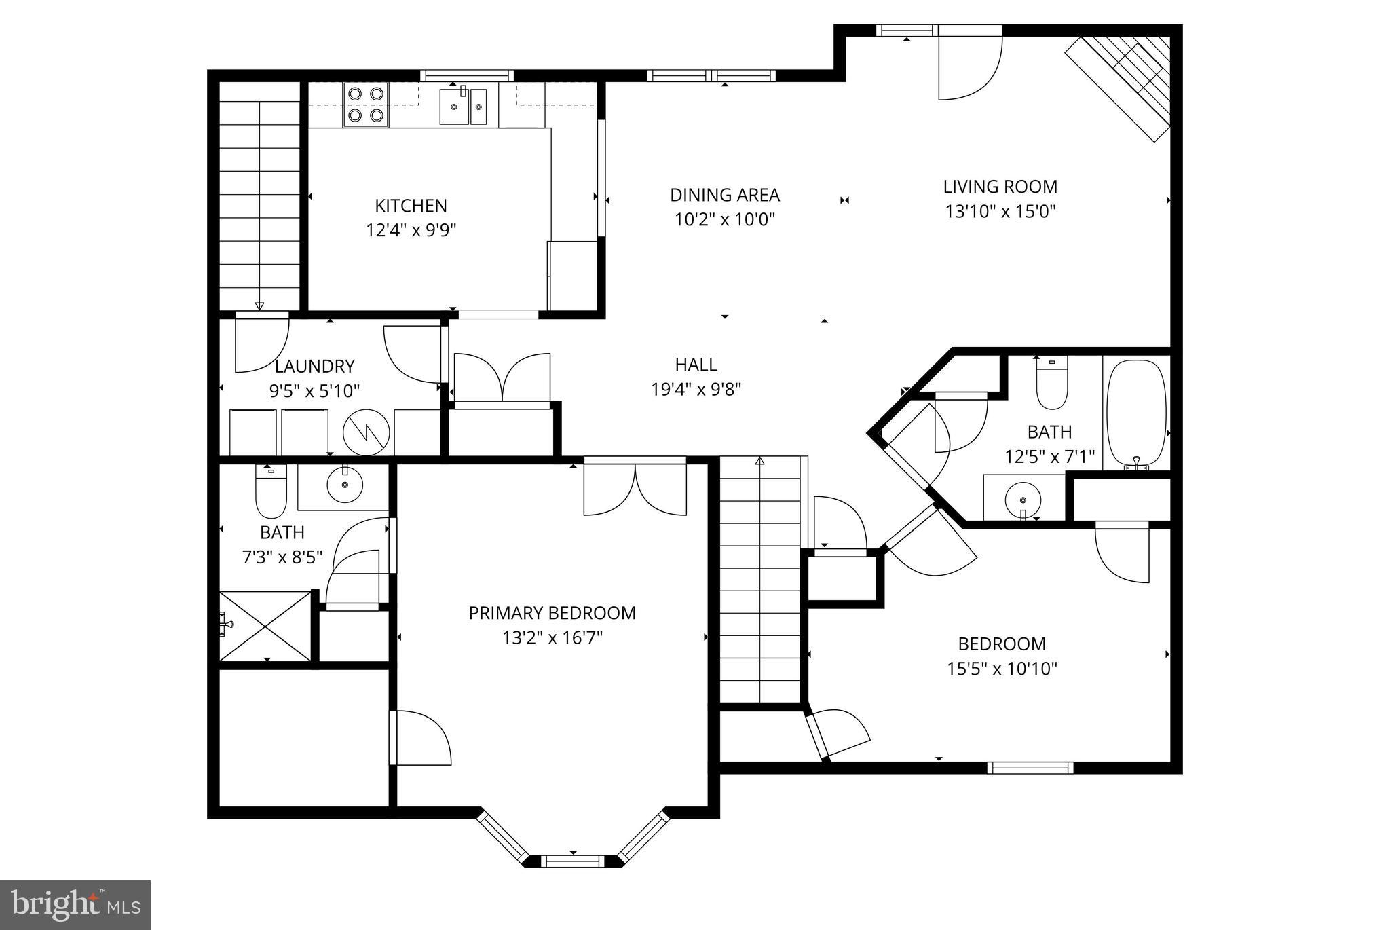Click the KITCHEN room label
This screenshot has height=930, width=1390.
click(x=411, y=205)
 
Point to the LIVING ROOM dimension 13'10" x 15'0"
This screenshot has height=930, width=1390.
click(x=1000, y=211)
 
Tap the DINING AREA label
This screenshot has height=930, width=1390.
click(x=724, y=195)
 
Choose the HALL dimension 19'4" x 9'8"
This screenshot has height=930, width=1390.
click(x=696, y=390)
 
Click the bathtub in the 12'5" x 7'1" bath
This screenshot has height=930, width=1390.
click(x=1135, y=411)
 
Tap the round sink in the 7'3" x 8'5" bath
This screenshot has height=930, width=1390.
click(x=345, y=485)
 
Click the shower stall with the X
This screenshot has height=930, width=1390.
click(x=265, y=625)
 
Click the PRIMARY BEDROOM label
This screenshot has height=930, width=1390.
click(x=552, y=613)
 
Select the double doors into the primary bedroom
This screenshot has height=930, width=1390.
click(x=635, y=487)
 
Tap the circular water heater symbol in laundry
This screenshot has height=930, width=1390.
click(x=367, y=432)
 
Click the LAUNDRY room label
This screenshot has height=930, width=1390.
click(x=314, y=367)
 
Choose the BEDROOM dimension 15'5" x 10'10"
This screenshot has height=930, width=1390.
click(x=1002, y=669)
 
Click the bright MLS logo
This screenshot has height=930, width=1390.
click(x=75, y=905)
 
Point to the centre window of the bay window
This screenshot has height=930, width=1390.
click(x=574, y=861)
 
